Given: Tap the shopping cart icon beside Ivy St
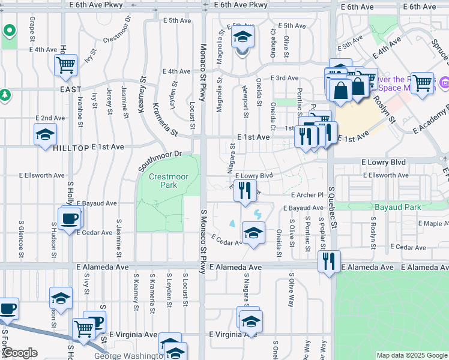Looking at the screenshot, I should [x=65, y=65].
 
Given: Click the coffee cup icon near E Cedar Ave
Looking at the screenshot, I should [x=70, y=217].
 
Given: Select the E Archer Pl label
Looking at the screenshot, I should [x=307, y=195].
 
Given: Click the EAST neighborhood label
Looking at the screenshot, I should [x=71, y=89].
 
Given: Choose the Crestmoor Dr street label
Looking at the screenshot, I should [x=116, y=31].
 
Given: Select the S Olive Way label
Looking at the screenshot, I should [x=291, y=292].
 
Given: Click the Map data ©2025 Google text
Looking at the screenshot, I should [x=412, y=355].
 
